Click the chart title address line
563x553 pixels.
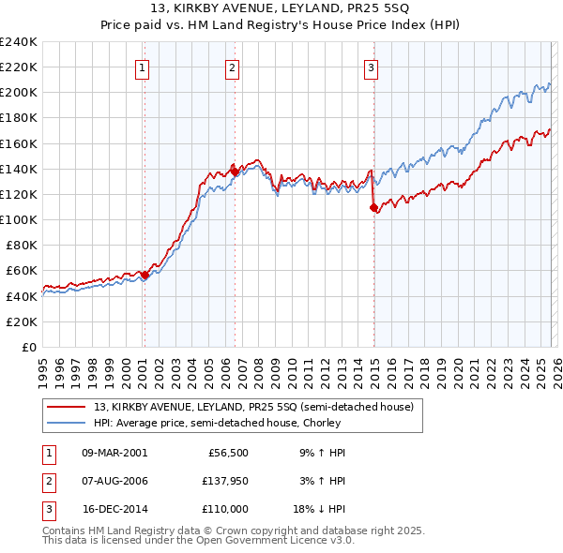coord(281,8)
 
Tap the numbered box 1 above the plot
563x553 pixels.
coord(142,67)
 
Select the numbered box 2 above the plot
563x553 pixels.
coord(232,67)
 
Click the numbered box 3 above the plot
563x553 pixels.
coord(372,67)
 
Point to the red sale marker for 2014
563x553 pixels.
coord(373,207)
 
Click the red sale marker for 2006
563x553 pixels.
coord(234,172)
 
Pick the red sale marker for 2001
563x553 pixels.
coord(145,275)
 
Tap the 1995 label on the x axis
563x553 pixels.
coord(42,367)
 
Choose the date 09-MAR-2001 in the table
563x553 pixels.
coord(114,453)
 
